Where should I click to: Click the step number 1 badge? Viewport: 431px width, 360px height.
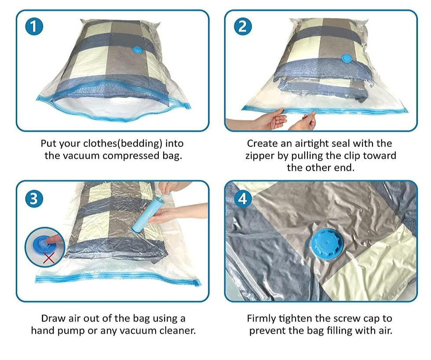click(34, 26)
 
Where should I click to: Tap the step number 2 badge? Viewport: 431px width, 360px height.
click(243, 26)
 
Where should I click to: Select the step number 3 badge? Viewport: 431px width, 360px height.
click(34, 198)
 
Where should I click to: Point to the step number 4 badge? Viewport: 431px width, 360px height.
click(243, 198)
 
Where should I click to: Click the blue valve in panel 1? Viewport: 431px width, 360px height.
click(137, 50)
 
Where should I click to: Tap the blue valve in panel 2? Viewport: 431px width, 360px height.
click(347, 58)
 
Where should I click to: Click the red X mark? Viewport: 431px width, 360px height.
click(49, 258)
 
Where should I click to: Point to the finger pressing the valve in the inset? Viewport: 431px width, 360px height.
click(54, 240)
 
